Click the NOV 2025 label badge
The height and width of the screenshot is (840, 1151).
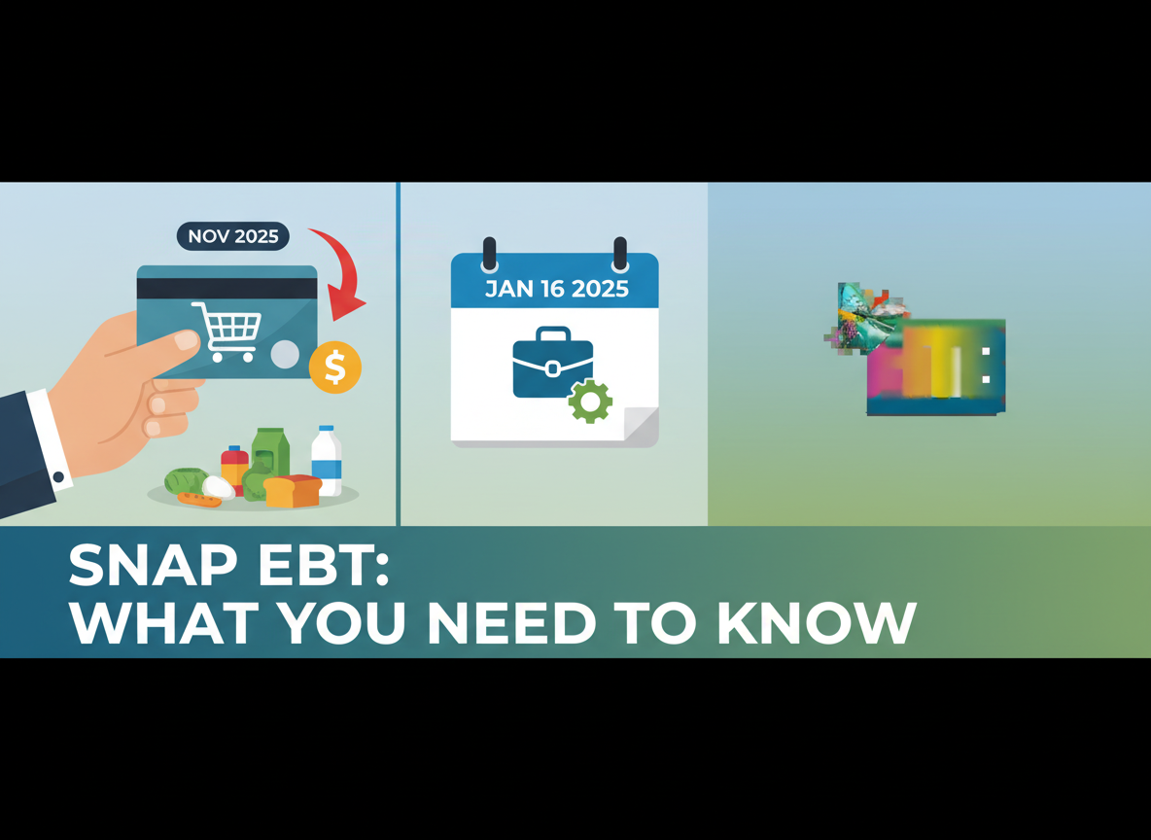[x=232, y=236]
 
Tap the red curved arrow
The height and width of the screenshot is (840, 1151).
[x=342, y=273]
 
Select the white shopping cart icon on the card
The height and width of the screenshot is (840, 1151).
[x=226, y=332]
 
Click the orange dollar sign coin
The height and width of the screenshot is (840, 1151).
[x=335, y=367]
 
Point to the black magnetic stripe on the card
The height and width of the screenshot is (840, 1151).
[x=227, y=289]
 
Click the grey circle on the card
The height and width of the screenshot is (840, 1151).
[x=285, y=354]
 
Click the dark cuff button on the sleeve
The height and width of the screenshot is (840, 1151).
[x=59, y=477]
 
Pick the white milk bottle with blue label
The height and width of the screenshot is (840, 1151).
[x=327, y=462]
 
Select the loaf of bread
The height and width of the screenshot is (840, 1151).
[x=293, y=491]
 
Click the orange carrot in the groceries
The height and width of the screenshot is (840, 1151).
[x=200, y=501]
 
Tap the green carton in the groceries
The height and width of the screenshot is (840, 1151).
[x=270, y=453]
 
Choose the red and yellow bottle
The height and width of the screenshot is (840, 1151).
[x=234, y=470]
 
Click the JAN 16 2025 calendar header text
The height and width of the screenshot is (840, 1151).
[x=556, y=289]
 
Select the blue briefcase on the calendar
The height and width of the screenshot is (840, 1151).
[x=552, y=363]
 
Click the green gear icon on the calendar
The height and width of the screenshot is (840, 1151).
[x=590, y=402]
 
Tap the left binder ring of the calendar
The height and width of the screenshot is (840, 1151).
[x=489, y=254]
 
